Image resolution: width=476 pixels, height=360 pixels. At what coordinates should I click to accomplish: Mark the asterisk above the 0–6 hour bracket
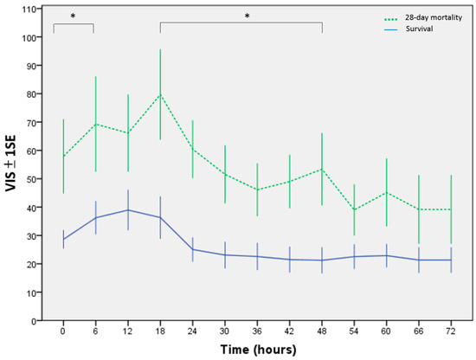(73, 16)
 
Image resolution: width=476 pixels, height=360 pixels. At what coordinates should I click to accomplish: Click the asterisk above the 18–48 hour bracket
(247, 16)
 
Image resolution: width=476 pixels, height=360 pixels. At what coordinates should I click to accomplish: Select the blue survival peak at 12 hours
(128, 209)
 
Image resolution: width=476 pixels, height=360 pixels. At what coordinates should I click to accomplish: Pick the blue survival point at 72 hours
(451, 260)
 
